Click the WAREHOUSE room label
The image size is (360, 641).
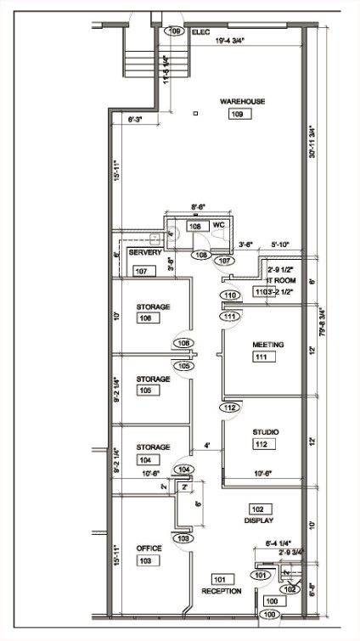click(x=242, y=101)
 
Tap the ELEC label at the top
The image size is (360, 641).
click(x=200, y=31)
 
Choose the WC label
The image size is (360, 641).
click(x=217, y=224)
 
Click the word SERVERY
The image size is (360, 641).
click(x=145, y=253)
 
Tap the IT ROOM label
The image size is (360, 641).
click(x=280, y=280)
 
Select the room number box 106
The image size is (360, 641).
click(x=148, y=318)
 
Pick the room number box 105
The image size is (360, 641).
click(x=148, y=391)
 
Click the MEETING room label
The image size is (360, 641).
click(x=267, y=344)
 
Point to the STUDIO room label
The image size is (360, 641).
click(x=266, y=432)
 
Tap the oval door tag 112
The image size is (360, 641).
click(x=229, y=408)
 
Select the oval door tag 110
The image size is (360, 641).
click(x=229, y=296)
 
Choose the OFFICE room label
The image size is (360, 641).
click(x=149, y=548)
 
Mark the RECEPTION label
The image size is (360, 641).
click(x=222, y=590)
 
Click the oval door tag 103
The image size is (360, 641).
click(x=183, y=538)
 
